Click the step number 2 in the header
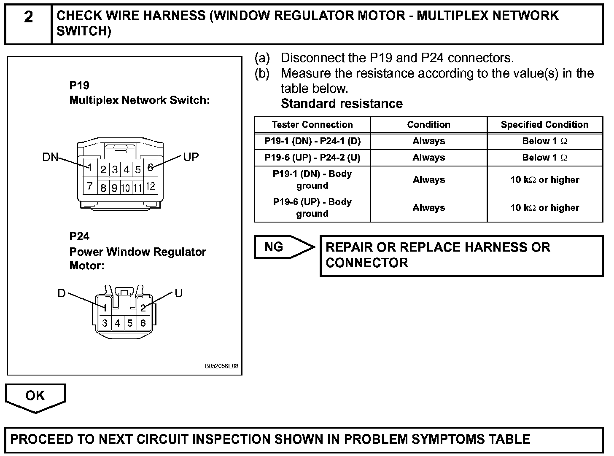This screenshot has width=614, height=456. (28, 17)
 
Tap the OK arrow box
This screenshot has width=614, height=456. (35, 396)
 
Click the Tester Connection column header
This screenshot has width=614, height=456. (312, 125)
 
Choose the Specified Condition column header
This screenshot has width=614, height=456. (544, 125)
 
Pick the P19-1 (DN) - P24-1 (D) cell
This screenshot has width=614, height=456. (312, 141)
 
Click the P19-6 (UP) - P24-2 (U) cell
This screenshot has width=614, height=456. (312, 158)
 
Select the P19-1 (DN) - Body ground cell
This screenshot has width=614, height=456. (312, 180)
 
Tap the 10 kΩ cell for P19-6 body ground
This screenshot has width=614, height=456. (544, 208)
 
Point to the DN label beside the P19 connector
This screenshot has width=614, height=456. (50, 157)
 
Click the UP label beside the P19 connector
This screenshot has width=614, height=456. (191, 157)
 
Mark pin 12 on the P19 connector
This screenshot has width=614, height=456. (151, 186)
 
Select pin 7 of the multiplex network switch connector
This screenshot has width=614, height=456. (90, 186)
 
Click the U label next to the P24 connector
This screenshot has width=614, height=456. (179, 293)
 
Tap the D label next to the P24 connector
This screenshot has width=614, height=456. (62, 293)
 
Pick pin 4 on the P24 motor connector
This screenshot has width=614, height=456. (117, 323)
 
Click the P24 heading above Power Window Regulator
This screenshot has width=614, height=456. (79, 236)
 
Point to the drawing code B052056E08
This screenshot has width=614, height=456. (221, 366)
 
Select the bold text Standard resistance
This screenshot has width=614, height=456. (342, 104)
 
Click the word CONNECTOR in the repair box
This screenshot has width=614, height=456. (367, 263)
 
